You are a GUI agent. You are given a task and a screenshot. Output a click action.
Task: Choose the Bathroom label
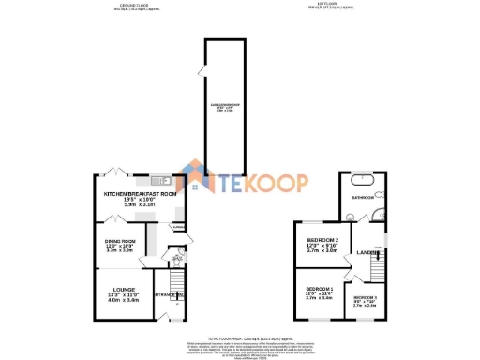click(363, 198)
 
